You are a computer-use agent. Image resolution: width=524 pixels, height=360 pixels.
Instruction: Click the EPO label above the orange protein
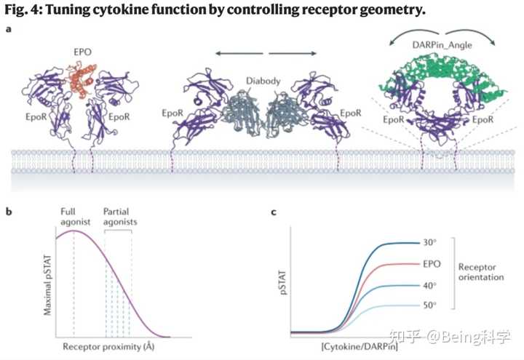(82, 52)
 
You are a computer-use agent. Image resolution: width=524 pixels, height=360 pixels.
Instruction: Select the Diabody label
(263, 81)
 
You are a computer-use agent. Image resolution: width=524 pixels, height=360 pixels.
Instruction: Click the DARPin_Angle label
(442, 45)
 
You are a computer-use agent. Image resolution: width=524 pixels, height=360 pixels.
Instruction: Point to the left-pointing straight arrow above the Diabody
(239, 53)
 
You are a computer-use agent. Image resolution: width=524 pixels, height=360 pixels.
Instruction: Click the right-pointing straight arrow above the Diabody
(293, 53)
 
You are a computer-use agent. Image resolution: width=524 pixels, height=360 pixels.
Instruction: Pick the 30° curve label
(430, 242)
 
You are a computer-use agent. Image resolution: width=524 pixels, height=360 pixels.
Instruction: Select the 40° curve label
(430, 286)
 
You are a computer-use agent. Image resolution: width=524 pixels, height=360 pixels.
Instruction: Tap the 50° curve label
(430, 305)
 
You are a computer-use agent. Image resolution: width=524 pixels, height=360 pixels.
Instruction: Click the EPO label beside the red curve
(432, 264)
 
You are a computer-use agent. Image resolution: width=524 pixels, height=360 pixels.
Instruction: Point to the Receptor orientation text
(481, 272)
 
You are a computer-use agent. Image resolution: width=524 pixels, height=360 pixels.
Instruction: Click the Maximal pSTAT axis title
(48, 285)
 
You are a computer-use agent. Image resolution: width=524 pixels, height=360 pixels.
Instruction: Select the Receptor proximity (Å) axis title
(108, 347)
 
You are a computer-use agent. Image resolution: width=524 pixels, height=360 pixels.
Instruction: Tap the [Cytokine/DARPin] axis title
(360, 347)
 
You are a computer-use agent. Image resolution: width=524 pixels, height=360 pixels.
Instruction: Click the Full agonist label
(75, 217)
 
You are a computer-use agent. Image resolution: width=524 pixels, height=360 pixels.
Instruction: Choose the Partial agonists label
(120, 217)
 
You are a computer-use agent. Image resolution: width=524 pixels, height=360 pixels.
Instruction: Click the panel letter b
(9, 212)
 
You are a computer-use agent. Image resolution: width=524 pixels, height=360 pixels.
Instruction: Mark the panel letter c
(274, 212)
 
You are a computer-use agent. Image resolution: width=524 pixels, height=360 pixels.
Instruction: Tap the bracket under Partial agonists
(118, 230)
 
